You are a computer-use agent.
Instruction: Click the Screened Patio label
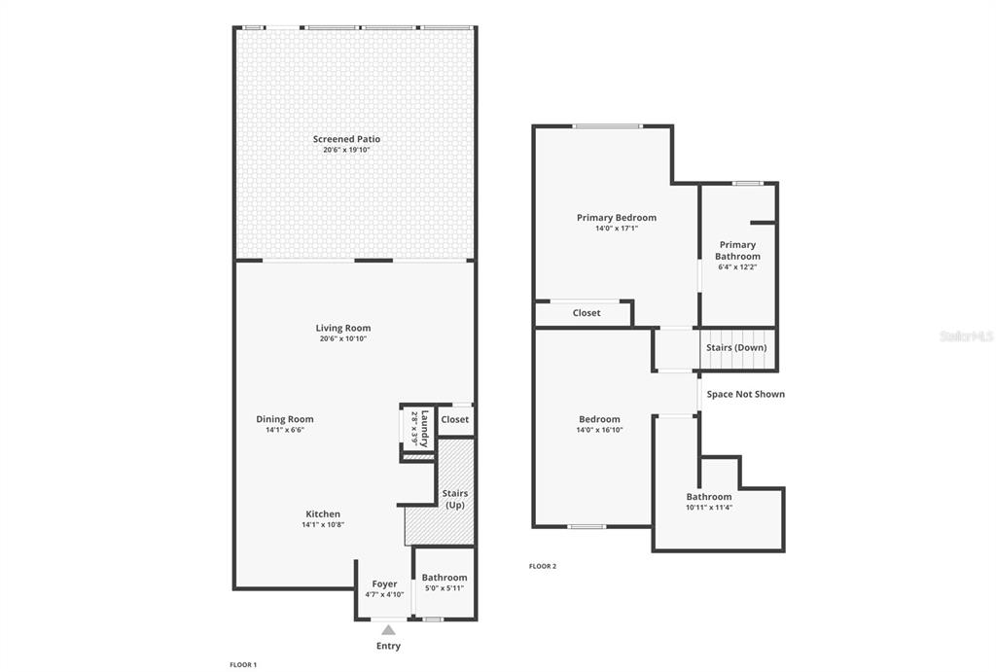346,139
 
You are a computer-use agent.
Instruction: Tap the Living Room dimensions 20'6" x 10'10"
343,338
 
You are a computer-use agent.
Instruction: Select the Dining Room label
285,419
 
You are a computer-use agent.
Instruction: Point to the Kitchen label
323,513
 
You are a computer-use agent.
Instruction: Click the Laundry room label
425,429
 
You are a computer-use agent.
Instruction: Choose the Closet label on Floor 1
455,419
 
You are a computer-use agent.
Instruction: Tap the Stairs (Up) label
455,499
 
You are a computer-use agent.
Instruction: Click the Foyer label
384,584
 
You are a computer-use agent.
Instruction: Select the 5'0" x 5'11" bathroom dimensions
444,588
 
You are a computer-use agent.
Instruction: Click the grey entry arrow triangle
388,630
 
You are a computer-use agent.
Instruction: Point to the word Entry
388,646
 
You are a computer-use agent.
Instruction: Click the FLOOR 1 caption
243,665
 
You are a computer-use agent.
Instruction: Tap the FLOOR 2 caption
543,566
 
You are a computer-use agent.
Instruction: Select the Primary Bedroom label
616,217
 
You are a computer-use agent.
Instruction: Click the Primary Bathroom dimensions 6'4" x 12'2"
737,267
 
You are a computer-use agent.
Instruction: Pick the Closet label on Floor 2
587,312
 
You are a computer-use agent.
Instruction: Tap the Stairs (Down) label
736,347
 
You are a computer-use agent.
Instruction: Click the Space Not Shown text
746,394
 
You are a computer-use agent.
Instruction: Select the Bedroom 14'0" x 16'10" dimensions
599,430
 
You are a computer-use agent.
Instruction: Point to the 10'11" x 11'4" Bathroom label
709,497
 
